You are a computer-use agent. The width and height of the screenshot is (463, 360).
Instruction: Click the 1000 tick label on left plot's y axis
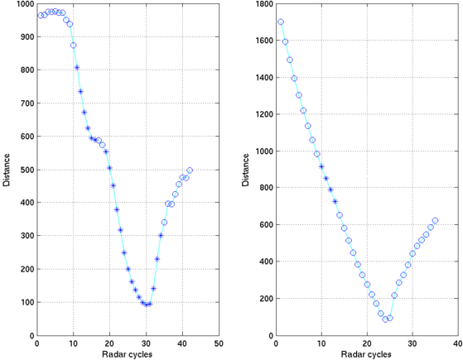click(26, 4)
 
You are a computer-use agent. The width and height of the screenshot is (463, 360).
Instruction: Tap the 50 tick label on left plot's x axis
click(219, 343)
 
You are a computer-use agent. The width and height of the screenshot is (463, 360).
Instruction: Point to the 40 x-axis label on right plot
click(458, 343)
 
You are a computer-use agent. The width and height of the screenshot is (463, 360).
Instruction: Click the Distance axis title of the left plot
click(6, 170)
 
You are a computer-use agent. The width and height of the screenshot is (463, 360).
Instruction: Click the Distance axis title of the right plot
click(245, 170)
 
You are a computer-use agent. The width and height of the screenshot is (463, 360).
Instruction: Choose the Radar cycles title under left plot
click(128, 354)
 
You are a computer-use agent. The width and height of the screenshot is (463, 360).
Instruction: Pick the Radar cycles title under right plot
click(366, 354)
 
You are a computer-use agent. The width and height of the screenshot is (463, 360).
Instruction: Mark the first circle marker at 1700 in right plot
click(281, 22)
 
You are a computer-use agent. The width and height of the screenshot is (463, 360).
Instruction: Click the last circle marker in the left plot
click(190, 170)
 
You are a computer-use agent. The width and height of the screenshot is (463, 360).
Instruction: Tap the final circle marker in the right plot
click(435, 220)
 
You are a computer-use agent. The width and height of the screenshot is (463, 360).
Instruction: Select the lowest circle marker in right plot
click(385, 319)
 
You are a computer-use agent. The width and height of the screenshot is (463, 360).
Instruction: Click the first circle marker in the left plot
click(41, 16)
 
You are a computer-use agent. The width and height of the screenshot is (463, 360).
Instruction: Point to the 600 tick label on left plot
click(28, 137)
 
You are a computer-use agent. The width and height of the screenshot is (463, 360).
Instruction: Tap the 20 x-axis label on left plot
click(109, 343)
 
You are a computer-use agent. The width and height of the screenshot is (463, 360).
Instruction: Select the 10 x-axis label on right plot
click(321, 343)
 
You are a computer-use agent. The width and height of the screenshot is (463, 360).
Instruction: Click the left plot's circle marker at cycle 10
click(73, 46)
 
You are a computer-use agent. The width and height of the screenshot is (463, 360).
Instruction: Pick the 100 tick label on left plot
click(28, 302)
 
